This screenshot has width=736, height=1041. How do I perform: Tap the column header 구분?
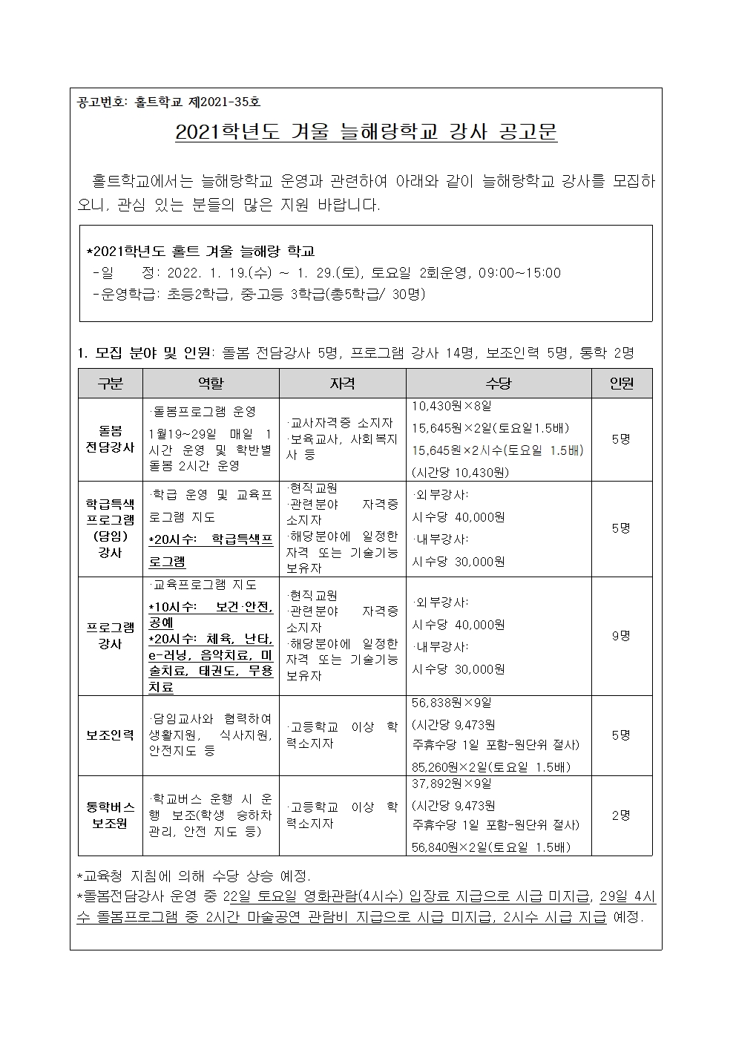click(x=111, y=383)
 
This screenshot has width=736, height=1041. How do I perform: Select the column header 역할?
click(x=211, y=383)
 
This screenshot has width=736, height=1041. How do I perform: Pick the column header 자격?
click(x=342, y=383)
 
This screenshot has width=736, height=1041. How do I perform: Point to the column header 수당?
click(x=498, y=383)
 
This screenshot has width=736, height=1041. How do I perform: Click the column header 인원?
click(x=621, y=383)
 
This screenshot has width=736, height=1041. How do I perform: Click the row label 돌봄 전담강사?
click(x=111, y=439)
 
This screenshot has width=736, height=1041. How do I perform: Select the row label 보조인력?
click(x=111, y=735)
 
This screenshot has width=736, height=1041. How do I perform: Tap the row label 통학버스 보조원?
click(x=111, y=815)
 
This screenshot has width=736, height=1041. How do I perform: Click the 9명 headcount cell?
click(x=621, y=635)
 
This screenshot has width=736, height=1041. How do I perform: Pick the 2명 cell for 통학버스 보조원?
click(x=621, y=815)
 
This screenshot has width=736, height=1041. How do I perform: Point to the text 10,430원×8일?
click(x=452, y=407)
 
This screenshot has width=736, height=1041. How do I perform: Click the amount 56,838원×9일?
click(x=452, y=703)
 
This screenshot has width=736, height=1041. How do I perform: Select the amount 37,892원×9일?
click(x=452, y=784)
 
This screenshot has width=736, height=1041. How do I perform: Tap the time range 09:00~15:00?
click(x=520, y=273)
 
